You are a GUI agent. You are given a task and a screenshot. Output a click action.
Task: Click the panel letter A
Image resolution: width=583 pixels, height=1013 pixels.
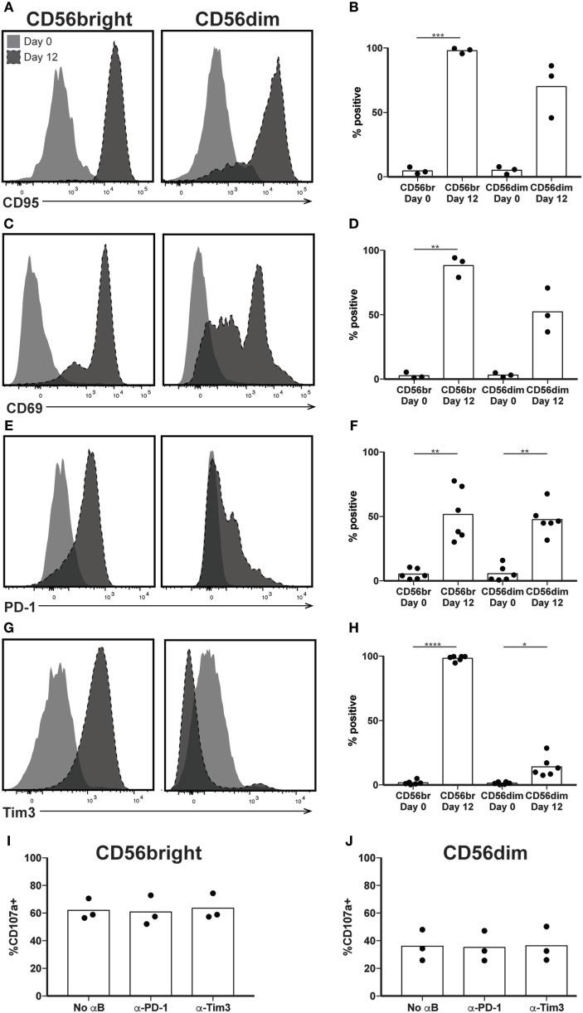pos(8,8)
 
